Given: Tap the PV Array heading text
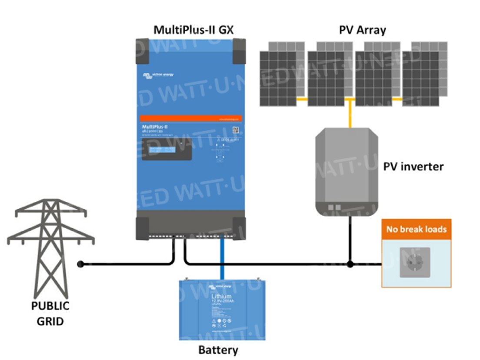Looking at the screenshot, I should [x=362, y=30].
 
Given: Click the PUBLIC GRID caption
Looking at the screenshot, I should [x=50, y=313].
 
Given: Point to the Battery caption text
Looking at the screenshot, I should [x=218, y=350].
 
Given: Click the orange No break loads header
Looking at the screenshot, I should [x=416, y=229].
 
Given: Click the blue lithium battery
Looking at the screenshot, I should [x=223, y=309].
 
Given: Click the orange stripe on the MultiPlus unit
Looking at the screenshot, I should [x=191, y=118].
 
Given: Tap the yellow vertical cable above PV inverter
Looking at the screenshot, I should [x=350, y=115].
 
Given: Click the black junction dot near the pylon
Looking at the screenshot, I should [x=80, y=264].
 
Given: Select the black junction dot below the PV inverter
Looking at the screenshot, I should [x=350, y=264].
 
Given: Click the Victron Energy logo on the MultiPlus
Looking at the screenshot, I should [x=158, y=76].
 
